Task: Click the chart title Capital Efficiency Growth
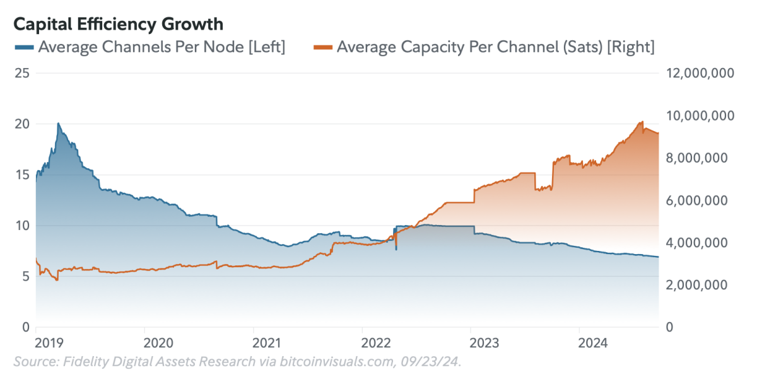click(119, 24)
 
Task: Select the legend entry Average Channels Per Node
click(161, 47)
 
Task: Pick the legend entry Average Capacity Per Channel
click(495, 47)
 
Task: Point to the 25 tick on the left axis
click(22, 73)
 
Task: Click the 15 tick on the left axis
click(22, 175)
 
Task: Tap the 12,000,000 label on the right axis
click(700, 73)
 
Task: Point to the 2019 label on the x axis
click(49, 343)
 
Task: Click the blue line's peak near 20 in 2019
click(59, 124)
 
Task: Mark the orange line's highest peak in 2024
click(642, 122)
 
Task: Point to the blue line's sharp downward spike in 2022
click(396, 250)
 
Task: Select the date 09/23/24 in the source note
click(435, 362)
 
